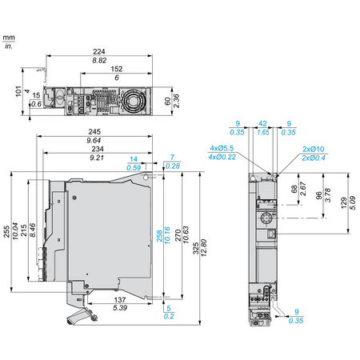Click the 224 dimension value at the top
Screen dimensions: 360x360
[x=99, y=51]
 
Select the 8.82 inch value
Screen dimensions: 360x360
[x=99, y=61]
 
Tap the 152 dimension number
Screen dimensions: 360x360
[x=117, y=69]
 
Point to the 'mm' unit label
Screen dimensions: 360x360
[x=9, y=38]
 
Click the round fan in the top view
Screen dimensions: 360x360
[x=133, y=101]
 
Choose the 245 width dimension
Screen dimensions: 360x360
[x=94, y=131]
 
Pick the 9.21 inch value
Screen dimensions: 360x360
[x=97, y=158]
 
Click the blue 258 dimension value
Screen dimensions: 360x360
[x=159, y=236]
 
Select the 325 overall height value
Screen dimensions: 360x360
[x=196, y=248]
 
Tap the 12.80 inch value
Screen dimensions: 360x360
[x=204, y=248]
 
